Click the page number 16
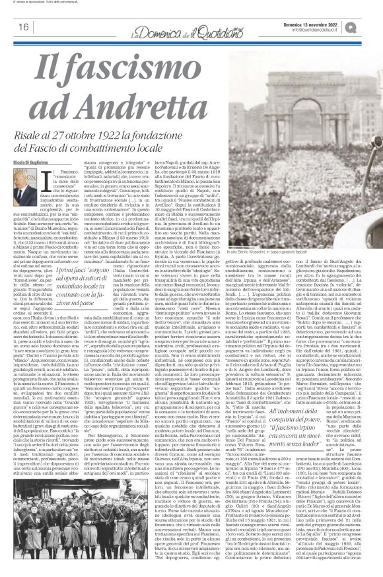(22, 27)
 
